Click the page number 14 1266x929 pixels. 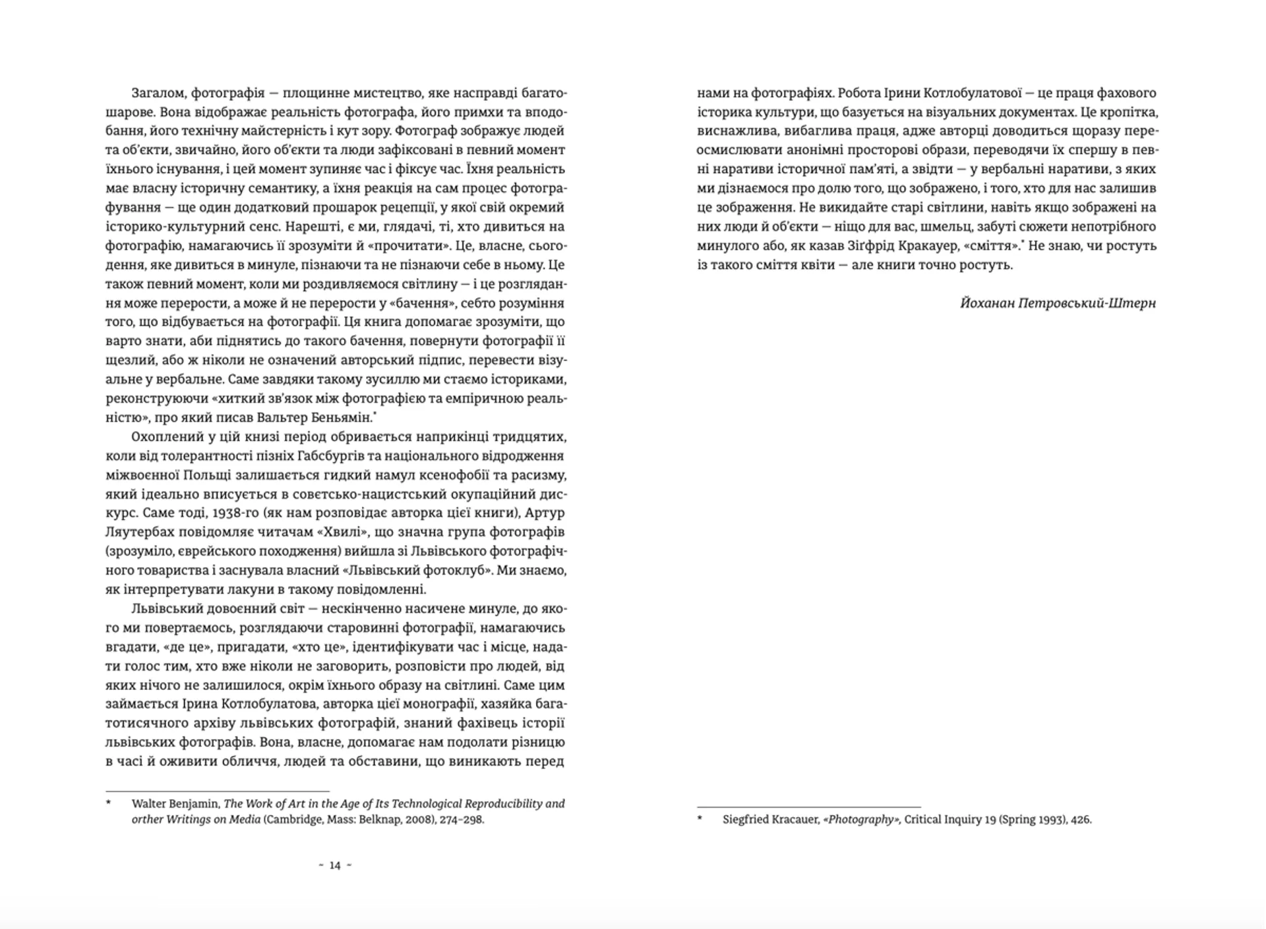(335, 866)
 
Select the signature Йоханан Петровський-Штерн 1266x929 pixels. (1058, 303)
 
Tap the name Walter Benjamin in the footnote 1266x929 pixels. (175, 804)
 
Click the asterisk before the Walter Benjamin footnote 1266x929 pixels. (109, 803)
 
